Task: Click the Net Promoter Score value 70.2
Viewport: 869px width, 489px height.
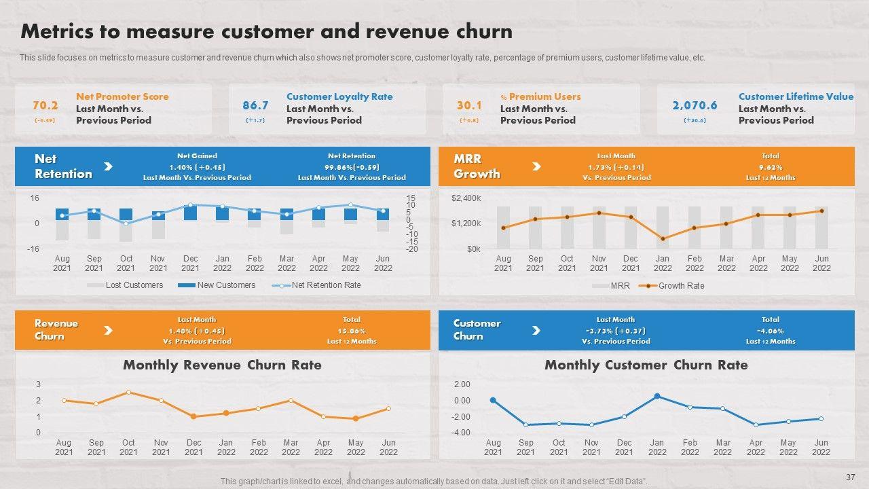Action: click(x=45, y=105)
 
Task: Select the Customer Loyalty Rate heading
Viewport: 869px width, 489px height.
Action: click(x=339, y=96)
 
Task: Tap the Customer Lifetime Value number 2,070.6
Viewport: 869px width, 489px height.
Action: click(x=695, y=105)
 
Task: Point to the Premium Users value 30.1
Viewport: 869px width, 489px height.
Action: click(x=469, y=105)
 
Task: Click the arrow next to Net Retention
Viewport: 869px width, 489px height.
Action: click(x=108, y=166)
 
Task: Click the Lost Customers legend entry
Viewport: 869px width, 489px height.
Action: click(x=134, y=285)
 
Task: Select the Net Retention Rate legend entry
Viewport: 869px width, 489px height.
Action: click(x=326, y=285)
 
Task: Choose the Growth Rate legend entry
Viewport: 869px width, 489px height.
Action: click(x=681, y=286)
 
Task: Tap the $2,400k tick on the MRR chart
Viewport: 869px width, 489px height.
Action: click(x=466, y=198)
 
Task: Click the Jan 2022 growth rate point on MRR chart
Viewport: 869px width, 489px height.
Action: click(x=663, y=239)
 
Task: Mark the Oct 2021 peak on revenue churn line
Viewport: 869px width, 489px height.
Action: click(x=128, y=393)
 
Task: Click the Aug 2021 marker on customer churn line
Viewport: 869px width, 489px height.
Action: click(x=493, y=401)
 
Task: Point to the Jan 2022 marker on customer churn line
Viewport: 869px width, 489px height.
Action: click(x=657, y=396)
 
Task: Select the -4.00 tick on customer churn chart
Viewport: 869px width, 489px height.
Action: click(x=461, y=433)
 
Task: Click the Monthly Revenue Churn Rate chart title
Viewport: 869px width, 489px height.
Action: click(x=222, y=365)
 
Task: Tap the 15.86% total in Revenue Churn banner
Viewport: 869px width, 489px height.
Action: click(x=352, y=331)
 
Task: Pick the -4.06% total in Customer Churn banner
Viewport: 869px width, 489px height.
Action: click(x=771, y=331)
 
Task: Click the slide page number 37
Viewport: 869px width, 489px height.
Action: click(x=851, y=477)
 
